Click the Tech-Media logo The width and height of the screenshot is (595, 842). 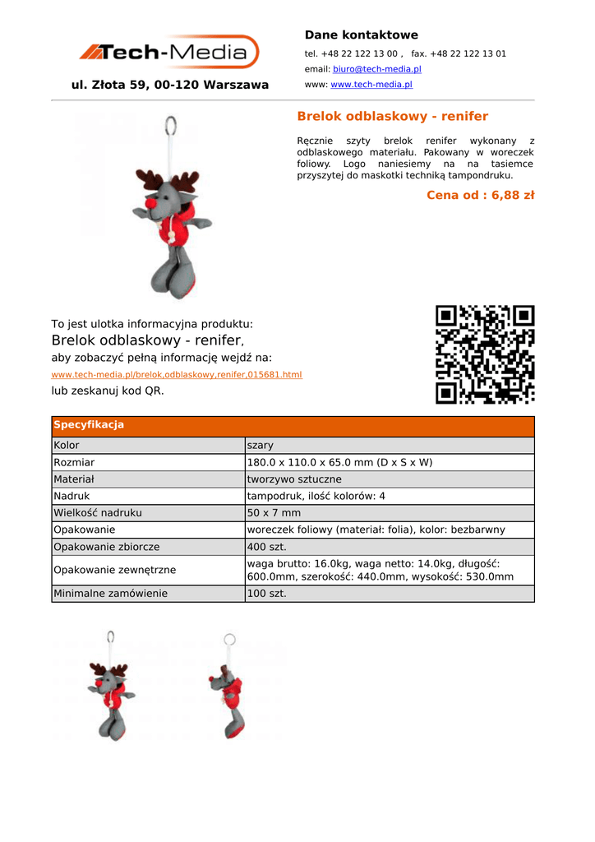(169, 53)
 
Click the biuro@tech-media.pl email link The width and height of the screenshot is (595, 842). (376, 69)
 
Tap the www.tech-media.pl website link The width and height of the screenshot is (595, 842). (371, 85)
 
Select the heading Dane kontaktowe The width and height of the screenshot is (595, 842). (361, 35)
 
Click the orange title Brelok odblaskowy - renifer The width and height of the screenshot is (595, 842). (392, 116)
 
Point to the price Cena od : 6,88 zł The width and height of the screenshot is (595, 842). (480, 195)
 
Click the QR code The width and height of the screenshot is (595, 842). (485, 354)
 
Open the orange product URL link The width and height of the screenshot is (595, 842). (177, 375)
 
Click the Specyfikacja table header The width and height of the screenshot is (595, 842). (89, 425)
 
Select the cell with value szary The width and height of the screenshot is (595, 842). (261, 446)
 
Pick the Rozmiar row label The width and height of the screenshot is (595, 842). (74, 462)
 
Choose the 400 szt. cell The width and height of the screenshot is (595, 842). (264, 547)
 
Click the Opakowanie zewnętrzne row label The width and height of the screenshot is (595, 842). (114, 570)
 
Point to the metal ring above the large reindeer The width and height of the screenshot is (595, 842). (171, 127)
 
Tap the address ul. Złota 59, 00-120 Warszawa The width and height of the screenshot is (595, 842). (170, 85)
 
